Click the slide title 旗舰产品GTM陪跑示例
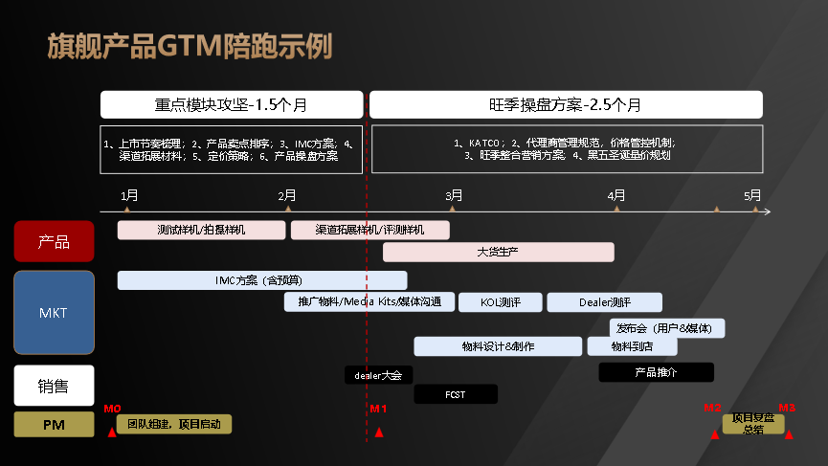click(190, 46)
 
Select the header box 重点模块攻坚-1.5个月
click(232, 105)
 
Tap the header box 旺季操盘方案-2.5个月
click(566, 105)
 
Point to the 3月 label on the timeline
click(455, 195)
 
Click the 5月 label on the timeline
click(754, 195)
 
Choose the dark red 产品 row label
click(54, 241)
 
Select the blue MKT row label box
click(54, 312)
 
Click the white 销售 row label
click(54, 386)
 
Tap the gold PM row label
click(54, 424)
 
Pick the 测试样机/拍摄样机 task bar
click(201, 230)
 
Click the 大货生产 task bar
click(498, 252)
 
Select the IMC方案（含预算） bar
click(261, 280)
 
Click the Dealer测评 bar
click(604, 302)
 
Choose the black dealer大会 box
click(379, 375)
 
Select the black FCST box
click(455, 394)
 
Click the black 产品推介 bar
click(656, 372)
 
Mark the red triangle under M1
click(379, 433)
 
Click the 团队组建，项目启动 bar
click(173, 424)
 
